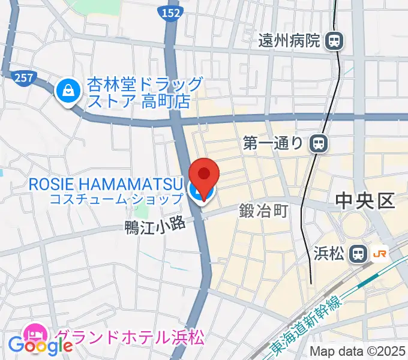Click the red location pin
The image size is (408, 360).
click(x=204, y=176)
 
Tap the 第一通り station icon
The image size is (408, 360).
click(x=319, y=143)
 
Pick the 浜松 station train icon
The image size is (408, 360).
click(x=359, y=253)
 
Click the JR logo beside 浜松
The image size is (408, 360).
click(x=380, y=253)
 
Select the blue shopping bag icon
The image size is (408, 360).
click(x=67, y=91)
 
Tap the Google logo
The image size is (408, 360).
click(x=41, y=345)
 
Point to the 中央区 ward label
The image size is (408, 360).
click(x=365, y=200)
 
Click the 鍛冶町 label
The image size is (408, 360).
click(x=265, y=211)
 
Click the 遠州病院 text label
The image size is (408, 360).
click(x=289, y=41)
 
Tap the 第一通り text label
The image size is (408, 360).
click(x=275, y=143)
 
